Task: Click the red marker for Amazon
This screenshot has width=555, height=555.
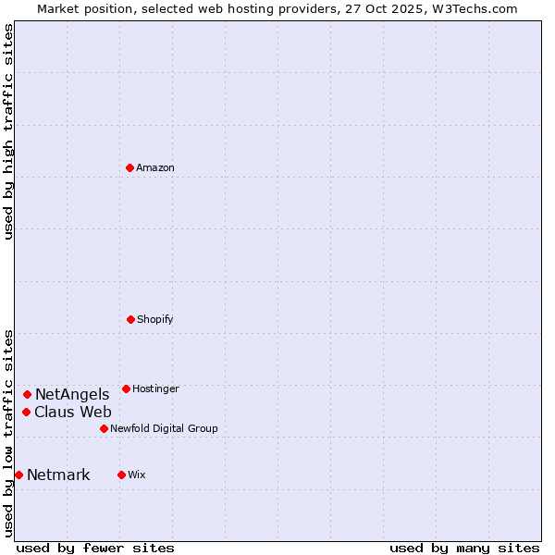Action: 129,167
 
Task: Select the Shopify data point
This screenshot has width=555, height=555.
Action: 130,319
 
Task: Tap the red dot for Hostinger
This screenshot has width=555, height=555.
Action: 126,388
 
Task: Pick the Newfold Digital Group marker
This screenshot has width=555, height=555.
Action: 104,428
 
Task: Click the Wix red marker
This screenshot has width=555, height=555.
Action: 121,475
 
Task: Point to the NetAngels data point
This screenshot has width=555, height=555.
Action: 27,394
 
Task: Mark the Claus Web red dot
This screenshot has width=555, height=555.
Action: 27,412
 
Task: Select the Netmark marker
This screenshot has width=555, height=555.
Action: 18,475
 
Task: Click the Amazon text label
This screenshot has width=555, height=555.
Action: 155,167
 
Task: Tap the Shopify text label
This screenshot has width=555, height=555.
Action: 155,319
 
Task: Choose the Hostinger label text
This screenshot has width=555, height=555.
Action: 155,388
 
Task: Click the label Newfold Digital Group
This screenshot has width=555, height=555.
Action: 164,428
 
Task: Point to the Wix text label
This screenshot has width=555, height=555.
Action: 137,475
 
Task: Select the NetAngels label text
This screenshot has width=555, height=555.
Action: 72,395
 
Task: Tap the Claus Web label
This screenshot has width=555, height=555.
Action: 73,413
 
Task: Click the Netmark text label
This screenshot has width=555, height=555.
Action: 58,475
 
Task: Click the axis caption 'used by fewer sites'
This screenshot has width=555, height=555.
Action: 95,548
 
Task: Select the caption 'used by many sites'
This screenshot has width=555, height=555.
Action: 464,548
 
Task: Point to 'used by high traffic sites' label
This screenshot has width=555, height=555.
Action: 8,131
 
